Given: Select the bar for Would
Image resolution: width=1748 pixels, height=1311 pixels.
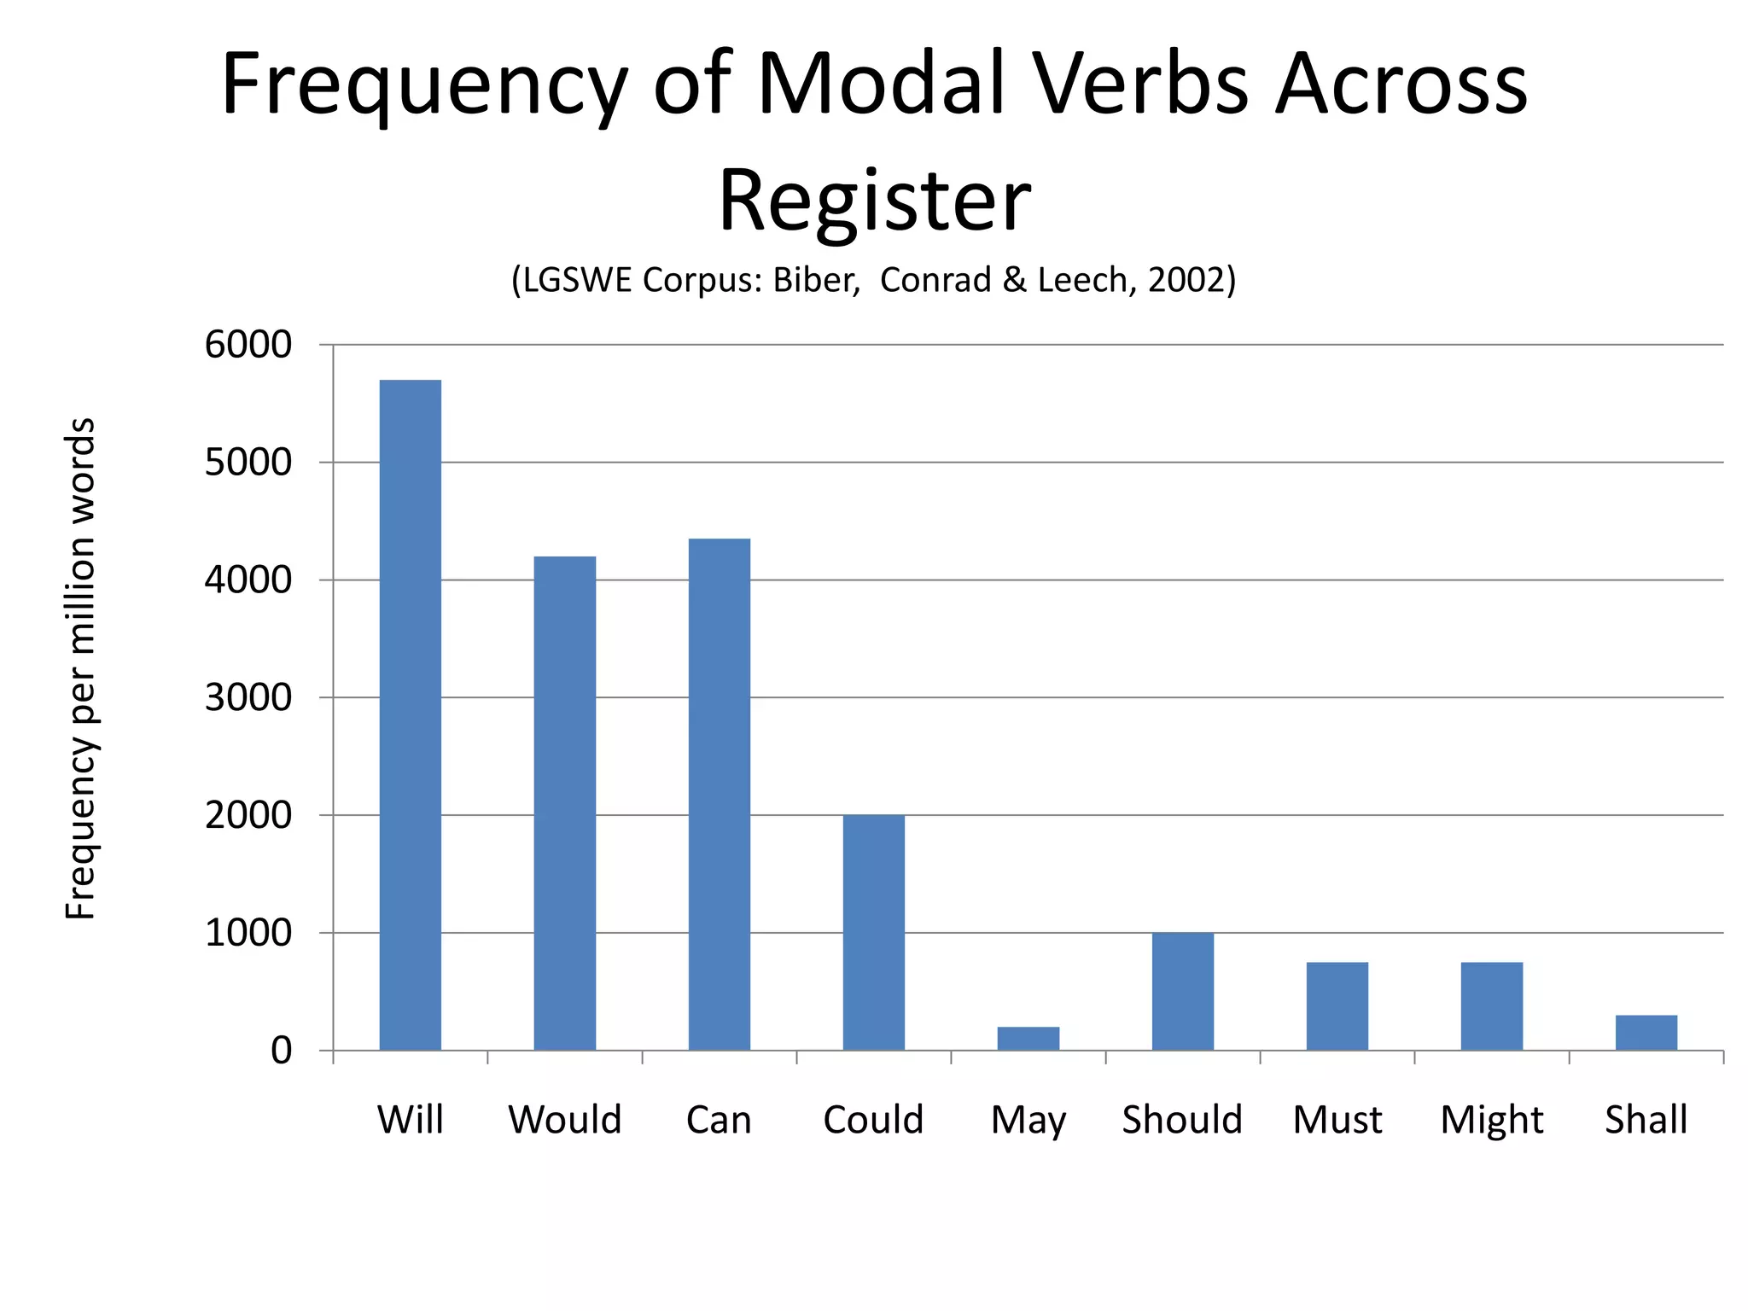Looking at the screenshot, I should pos(564,803).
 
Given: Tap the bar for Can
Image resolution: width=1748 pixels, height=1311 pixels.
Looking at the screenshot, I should pos(719,794).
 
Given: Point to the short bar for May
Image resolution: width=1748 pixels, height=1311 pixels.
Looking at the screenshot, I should pos(1028,1038).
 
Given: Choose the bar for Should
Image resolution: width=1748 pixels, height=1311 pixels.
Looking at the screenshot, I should pos(1182,991).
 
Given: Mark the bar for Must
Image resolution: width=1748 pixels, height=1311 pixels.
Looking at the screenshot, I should pos(1337,1005).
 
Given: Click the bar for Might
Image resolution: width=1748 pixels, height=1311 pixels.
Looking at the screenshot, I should pos(1491,1005).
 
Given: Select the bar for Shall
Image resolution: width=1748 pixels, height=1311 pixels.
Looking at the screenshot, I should pos(1646,1032).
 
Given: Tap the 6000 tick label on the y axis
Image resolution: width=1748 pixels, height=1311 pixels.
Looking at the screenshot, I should pos(248,345).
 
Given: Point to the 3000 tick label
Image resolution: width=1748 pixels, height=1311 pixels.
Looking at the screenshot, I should pos(248,698).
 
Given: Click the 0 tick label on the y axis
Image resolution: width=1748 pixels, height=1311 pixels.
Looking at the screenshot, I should pos(281,1051).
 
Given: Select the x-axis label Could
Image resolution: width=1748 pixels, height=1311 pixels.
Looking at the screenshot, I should pos(873,1120).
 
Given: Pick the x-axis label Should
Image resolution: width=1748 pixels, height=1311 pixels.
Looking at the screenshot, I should pos(1182,1120).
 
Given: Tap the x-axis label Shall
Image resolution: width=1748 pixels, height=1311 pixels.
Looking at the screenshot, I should pos(1646,1120).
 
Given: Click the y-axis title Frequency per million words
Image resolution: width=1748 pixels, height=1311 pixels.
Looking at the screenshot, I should pos(80,669).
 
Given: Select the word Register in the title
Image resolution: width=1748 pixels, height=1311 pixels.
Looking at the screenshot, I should pos(874,201).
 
